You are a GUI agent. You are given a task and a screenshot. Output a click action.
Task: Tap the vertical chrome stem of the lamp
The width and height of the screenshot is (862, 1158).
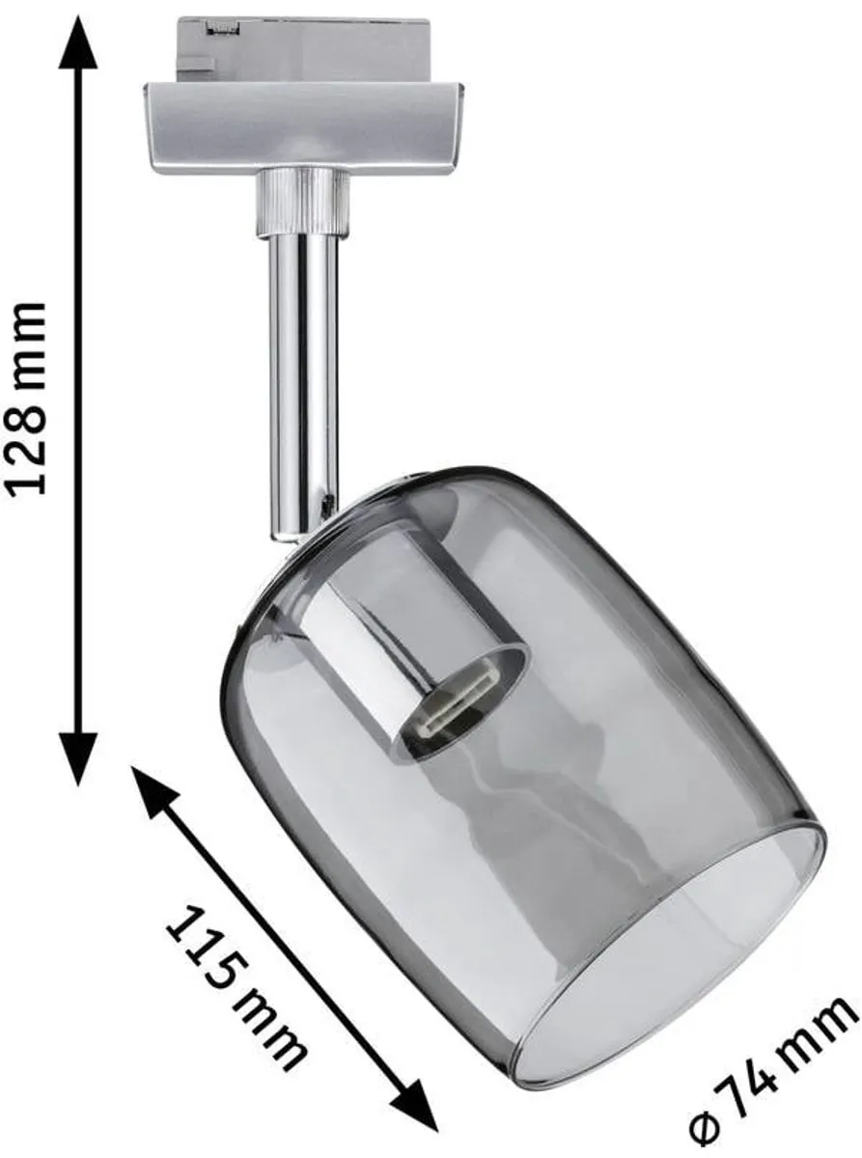[303, 386]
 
